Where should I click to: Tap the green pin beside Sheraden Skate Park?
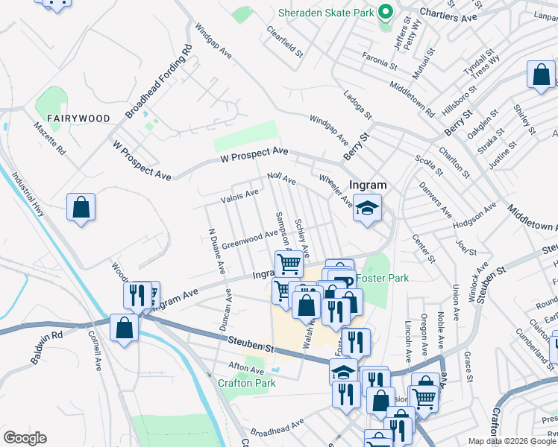click(x=386, y=13)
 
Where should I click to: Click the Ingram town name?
click(x=368, y=185)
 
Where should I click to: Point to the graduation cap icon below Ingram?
click(x=367, y=209)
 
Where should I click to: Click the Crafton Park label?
click(x=246, y=383)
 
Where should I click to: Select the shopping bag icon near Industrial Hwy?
click(x=81, y=209)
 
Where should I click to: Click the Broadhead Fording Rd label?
click(x=159, y=81)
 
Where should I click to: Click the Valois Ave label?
click(x=239, y=196)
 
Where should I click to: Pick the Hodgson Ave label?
click(x=476, y=213)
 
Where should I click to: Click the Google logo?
click(x=25, y=438)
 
